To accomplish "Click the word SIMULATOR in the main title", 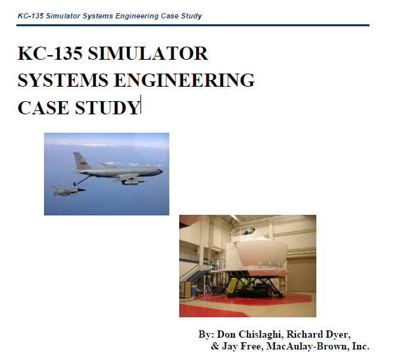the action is pos(148,53).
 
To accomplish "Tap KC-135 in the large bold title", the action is pos(50,53).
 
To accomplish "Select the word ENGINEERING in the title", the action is pos(184,80).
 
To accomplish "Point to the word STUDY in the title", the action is pos(107,107).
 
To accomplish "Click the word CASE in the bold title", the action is pos(43,107).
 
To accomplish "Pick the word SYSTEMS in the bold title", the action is pos(63,80).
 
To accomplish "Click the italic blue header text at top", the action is pos(110,16).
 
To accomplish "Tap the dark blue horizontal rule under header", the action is pos(193,25).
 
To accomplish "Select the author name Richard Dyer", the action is pos(318,334).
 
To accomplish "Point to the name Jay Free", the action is pos(242,346).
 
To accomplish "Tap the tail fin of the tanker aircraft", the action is pos(81,160).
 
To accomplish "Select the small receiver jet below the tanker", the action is pos(68,191).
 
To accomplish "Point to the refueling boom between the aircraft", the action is pos(83,180).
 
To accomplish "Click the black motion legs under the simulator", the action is pos(256,284).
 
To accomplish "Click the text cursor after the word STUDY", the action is pos(140,104).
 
